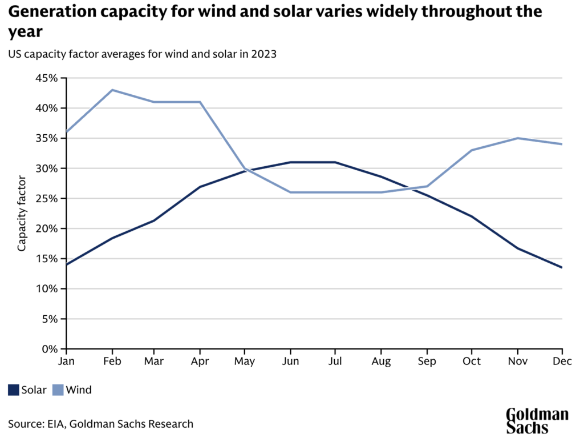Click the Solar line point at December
562,267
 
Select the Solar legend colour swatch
14,390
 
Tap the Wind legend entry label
79,390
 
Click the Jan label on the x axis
67,361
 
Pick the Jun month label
290,361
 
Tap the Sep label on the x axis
427,361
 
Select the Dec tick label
562,361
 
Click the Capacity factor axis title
22,213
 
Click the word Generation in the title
52,11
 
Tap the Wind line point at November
517,138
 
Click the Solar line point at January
67,264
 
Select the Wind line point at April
200,102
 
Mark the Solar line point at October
472,216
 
